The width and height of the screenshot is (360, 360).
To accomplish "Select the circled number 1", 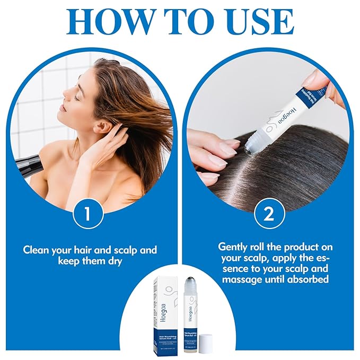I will [89, 214].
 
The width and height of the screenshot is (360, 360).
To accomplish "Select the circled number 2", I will [269, 214].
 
